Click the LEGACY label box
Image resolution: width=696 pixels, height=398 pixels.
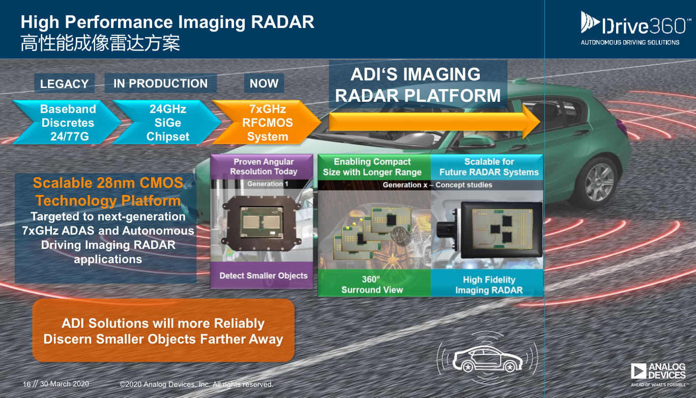pos(64,83)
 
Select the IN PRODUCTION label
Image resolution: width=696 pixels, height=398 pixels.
pos(161,83)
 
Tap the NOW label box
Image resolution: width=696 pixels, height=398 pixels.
pos(264,83)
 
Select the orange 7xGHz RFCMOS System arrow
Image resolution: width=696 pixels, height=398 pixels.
pos(267,122)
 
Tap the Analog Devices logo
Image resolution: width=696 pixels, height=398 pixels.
pos(658,375)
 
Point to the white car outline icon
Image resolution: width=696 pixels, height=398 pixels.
pos(487,359)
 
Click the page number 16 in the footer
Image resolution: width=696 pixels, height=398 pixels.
pos(27,384)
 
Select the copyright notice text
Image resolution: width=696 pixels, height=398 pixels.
pos(196,384)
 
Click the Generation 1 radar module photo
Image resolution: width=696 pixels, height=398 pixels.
pos(262,223)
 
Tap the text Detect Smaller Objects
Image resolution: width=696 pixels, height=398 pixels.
pos(264,275)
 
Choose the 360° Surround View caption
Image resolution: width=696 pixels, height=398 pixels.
pos(372,285)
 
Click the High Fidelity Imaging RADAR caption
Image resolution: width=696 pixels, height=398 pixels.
pos(489,285)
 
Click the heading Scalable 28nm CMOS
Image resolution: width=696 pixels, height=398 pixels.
pos(108,183)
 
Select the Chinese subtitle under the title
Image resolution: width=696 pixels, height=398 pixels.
pos(100,43)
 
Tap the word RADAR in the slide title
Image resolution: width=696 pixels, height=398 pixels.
pos(282,22)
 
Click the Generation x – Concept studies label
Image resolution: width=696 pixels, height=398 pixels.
pos(437,185)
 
